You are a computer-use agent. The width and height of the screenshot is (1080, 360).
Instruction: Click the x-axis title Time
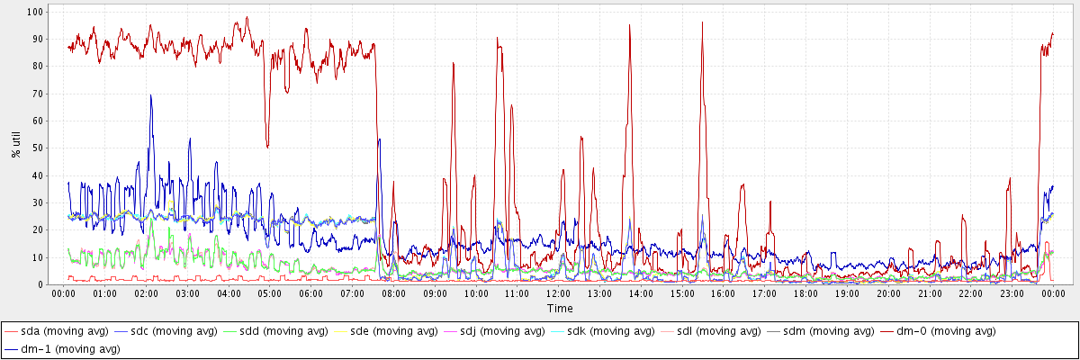click(x=559, y=309)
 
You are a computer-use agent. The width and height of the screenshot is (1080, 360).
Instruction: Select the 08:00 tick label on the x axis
click(x=393, y=293)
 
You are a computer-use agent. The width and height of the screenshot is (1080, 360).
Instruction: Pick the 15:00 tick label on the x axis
click(x=682, y=293)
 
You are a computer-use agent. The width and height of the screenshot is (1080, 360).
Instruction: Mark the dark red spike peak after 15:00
click(x=702, y=22)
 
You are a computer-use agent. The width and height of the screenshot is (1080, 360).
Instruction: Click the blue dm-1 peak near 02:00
click(x=151, y=95)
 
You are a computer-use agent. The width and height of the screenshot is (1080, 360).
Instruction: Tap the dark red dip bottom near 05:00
click(x=267, y=147)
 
